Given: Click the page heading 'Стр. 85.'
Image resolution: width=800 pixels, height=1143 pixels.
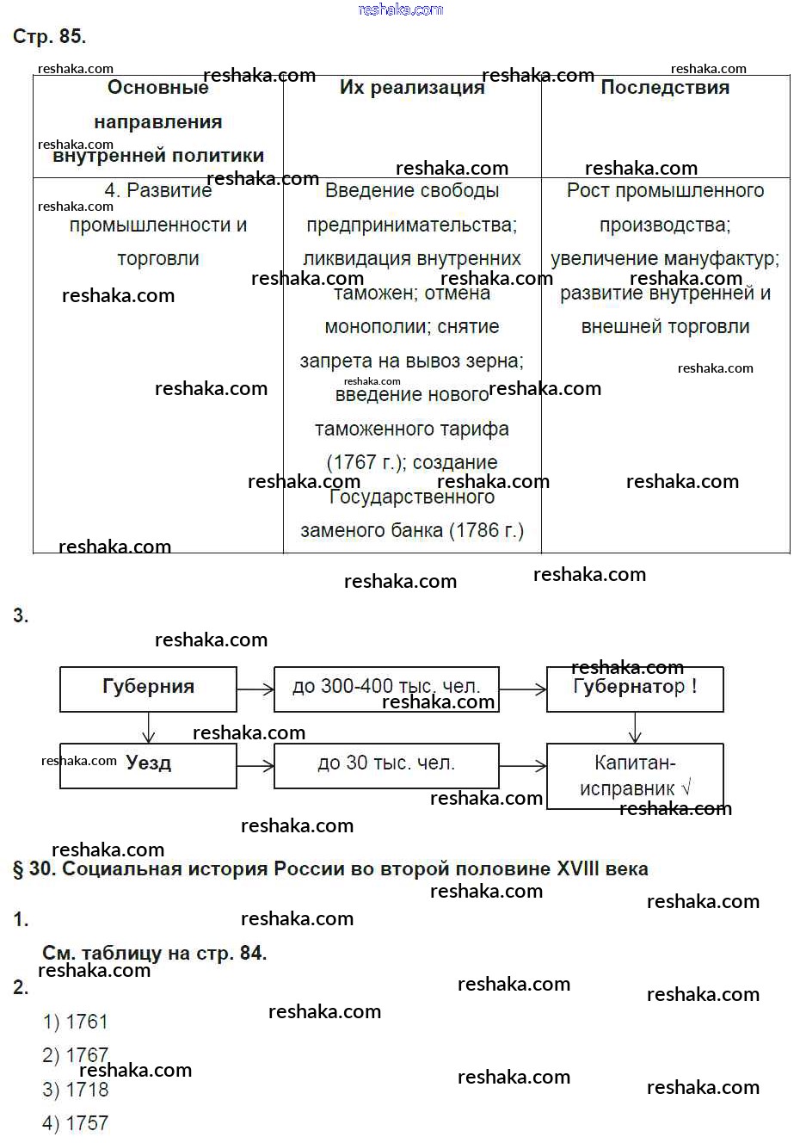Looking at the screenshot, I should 49,36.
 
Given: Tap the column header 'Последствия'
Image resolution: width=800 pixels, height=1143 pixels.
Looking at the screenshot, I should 664,88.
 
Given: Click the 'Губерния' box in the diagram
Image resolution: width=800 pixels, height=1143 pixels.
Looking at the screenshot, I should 148,688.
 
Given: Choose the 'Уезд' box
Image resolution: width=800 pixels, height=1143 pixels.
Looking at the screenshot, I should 148,764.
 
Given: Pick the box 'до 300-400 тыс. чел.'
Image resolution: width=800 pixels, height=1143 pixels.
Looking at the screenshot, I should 386,688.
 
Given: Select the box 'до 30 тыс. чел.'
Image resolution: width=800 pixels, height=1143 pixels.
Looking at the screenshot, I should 386,764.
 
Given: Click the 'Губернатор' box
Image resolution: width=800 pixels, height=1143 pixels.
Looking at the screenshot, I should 635,688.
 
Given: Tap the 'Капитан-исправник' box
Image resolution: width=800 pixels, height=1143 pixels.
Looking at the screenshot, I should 635,775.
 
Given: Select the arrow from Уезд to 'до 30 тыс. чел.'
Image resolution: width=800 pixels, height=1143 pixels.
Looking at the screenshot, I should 255,765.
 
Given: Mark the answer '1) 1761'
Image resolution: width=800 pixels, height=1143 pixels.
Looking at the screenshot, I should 76,1022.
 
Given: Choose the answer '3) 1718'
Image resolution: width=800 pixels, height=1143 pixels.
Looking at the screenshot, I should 76,1090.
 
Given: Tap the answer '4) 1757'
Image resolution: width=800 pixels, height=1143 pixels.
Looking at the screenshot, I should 76,1123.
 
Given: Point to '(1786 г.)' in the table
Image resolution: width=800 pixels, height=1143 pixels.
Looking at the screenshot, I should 489,530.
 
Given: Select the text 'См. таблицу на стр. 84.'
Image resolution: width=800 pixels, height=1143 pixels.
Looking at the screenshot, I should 155,953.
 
